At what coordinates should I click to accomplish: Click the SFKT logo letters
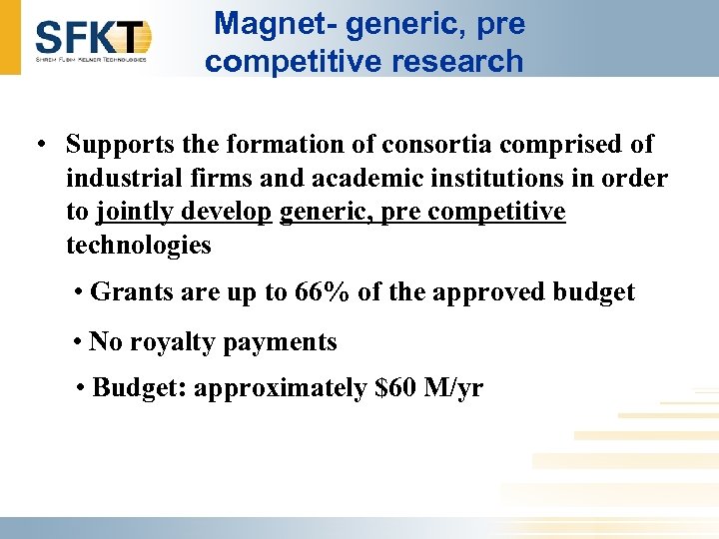pos(92,37)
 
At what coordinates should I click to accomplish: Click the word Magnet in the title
pos(264,23)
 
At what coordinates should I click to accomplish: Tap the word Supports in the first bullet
pos(122,144)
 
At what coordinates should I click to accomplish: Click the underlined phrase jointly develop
pos(184,212)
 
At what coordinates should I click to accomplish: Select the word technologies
pos(138,246)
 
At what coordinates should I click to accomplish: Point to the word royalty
pos(163,342)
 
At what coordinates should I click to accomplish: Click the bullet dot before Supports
pos(36,145)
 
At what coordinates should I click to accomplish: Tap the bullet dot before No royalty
pos(78,342)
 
